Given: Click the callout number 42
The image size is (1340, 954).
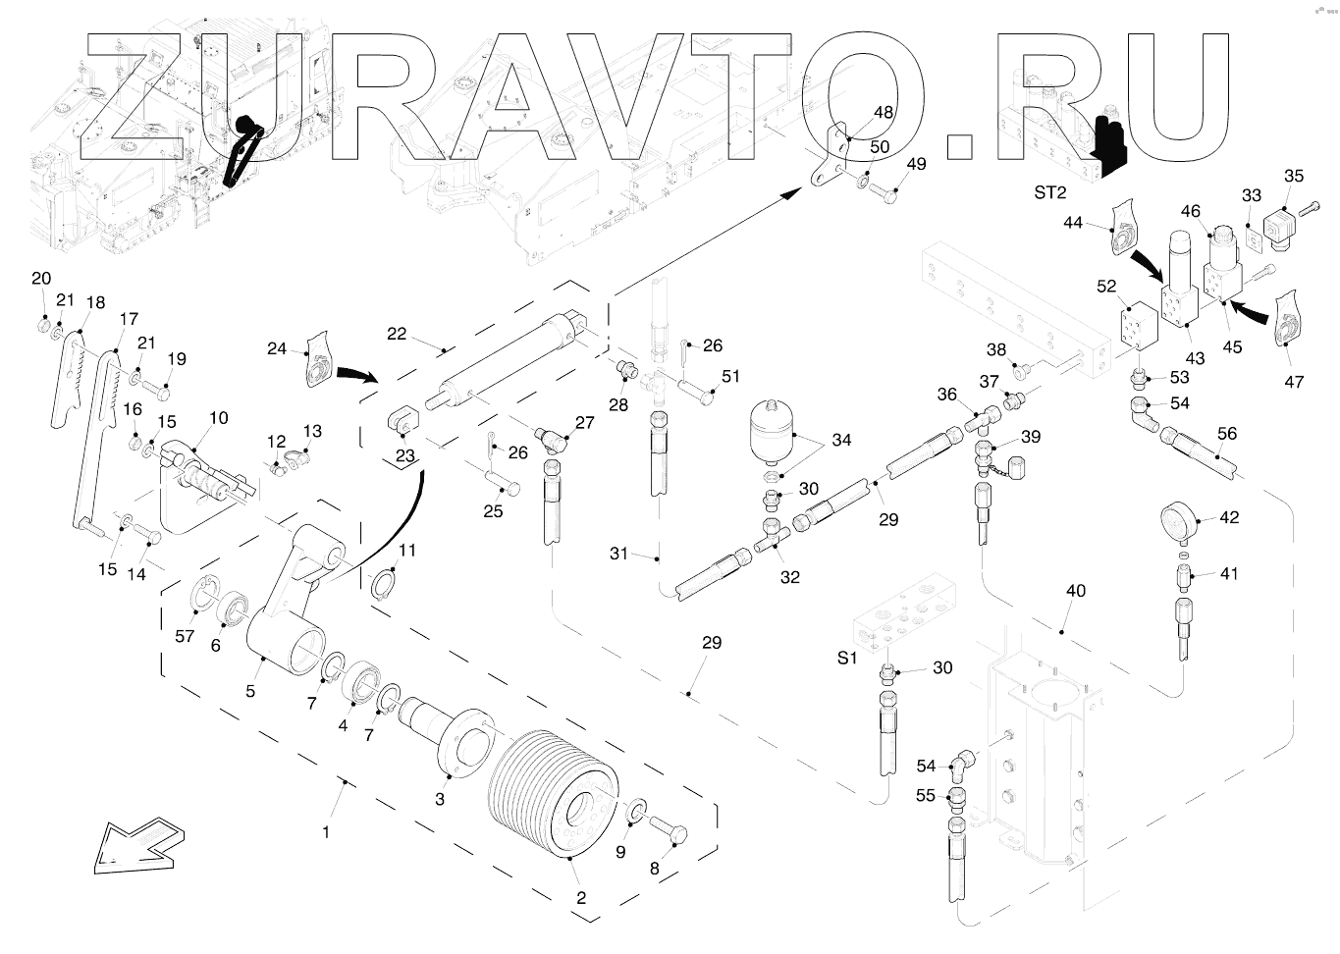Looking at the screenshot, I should tap(1229, 518).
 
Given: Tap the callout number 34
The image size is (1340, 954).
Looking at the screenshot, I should tap(841, 440).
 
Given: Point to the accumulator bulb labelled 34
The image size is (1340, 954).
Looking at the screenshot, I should tap(770, 429).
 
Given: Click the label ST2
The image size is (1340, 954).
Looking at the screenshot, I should tap(1049, 192).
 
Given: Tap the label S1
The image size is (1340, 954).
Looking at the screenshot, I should tap(847, 659).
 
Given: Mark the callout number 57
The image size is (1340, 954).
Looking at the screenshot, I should tap(186, 637).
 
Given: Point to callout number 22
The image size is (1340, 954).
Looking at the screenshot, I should tap(396, 334).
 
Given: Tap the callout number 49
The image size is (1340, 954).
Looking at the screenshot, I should tap(915, 164).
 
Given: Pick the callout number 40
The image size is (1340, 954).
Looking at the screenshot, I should tap(1076, 590).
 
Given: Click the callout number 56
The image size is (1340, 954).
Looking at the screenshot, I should tap(1227, 433).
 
